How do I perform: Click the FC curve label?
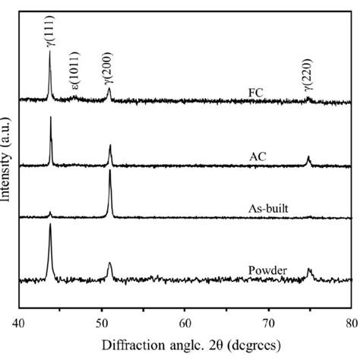coord(255,94)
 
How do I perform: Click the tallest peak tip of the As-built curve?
coord(110,171)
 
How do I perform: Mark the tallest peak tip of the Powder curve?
coord(50,226)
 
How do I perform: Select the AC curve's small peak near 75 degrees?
coord(308,157)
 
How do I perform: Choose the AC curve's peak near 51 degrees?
coord(110,145)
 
